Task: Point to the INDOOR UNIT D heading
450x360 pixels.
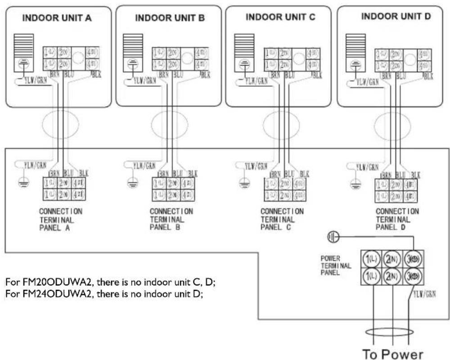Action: click(396, 17)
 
